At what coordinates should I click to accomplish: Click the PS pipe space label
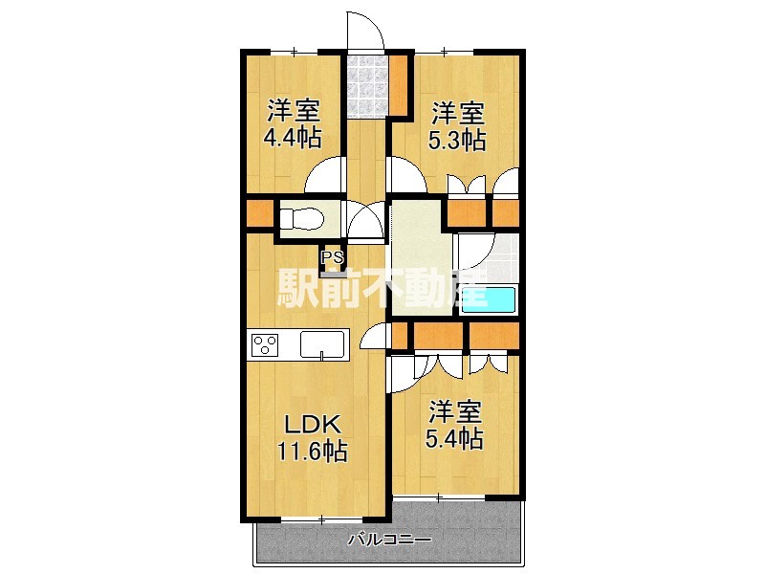click(x=332, y=256)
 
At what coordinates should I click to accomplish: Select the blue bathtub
click(x=488, y=299)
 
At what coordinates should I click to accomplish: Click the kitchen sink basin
click(x=322, y=344)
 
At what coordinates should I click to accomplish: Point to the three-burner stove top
click(x=265, y=344)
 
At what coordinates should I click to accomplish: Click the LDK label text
click(x=313, y=425)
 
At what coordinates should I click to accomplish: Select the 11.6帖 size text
click(x=313, y=451)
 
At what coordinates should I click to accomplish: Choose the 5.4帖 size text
click(x=455, y=438)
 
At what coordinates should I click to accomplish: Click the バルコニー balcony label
click(x=390, y=540)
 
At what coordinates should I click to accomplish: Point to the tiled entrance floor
click(x=368, y=86)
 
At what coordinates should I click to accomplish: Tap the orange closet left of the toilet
click(x=260, y=213)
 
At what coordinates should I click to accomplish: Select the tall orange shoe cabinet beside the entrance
click(x=399, y=85)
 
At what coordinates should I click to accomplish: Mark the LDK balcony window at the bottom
click(x=322, y=519)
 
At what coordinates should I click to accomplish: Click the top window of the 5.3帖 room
click(x=444, y=51)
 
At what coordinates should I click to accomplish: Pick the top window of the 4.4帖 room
click(x=295, y=51)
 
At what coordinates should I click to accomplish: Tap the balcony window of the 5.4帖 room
click(x=439, y=497)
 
